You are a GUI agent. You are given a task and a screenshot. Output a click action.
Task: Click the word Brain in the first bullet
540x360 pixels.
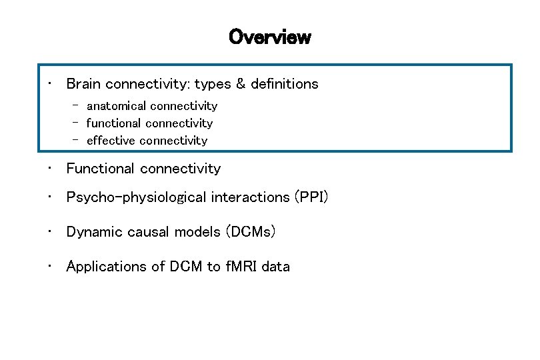[x=83, y=84]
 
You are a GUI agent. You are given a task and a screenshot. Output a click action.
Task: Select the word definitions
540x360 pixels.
[x=285, y=84]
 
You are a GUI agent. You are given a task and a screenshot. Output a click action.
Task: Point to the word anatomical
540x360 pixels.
[x=117, y=106]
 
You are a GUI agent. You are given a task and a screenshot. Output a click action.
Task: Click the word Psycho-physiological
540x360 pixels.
[x=137, y=197]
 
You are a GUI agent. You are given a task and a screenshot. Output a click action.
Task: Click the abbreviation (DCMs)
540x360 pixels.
[x=251, y=232]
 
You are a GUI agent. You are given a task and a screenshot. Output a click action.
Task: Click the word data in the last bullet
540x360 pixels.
[x=275, y=267]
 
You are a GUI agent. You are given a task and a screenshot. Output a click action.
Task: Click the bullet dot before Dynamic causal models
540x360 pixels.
[x=49, y=232]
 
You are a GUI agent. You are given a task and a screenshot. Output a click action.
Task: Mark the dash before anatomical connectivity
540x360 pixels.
[x=77, y=105]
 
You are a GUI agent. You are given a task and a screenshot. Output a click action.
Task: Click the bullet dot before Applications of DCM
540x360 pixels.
[x=49, y=267]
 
